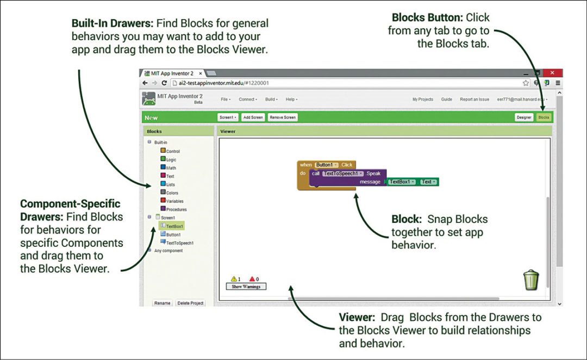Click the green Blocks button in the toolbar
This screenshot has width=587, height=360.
pos(544,117)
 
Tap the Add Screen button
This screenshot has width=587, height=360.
pos(253,117)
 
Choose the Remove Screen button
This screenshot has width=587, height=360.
pos(283,117)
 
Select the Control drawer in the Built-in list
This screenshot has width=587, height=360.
pos(173,151)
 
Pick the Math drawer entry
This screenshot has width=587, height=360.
pos(171,168)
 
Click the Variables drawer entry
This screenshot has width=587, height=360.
pos(174,201)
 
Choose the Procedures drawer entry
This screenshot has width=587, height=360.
pos(176,209)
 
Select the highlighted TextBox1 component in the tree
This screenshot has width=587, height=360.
pos(174,226)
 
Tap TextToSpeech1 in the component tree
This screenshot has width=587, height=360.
pos(179,243)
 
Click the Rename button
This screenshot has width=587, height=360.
pos(162,303)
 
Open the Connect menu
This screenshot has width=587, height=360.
pos(248,100)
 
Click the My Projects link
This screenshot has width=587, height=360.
pos(422,100)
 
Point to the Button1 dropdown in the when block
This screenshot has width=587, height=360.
pos(327,165)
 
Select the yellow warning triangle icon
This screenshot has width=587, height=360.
pos(233,279)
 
